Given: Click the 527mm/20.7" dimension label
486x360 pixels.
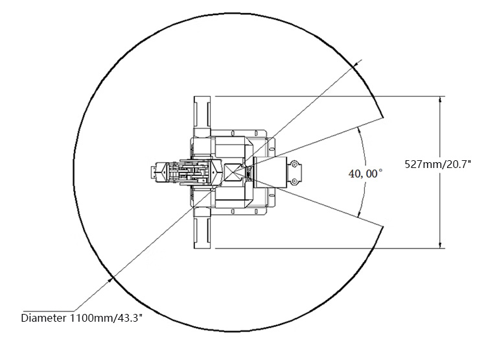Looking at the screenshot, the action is pyautogui.click(x=437, y=163).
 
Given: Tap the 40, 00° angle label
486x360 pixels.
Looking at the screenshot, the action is pyautogui.click(x=365, y=173).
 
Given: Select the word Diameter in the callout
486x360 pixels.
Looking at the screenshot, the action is pyautogui.click(x=43, y=318).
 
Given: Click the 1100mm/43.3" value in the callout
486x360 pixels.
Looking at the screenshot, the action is pyautogui.click(x=106, y=318).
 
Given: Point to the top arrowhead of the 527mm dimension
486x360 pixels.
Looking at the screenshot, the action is pyautogui.click(x=440, y=99).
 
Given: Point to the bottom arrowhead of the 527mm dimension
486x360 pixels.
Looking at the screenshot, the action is pyautogui.click(x=440, y=245).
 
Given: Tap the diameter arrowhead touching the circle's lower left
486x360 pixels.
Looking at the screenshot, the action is pyautogui.click(x=110, y=280).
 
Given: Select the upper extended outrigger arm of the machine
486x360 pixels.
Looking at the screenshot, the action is pyautogui.click(x=202, y=116).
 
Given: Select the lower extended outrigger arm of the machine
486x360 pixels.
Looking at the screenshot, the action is pyautogui.click(x=202, y=228).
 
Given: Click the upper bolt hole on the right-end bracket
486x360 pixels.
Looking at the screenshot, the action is pyautogui.click(x=294, y=165).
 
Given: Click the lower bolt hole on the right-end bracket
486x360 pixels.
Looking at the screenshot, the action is pyautogui.click(x=294, y=180).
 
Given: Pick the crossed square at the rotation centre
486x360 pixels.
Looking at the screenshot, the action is pyautogui.click(x=232, y=173).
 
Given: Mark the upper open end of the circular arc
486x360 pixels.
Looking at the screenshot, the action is pyautogui.click(x=383, y=117).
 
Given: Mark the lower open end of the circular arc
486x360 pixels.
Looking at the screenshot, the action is pyautogui.click(x=383, y=227).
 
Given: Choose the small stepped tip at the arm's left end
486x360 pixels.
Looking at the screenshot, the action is pyautogui.click(x=153, y=173).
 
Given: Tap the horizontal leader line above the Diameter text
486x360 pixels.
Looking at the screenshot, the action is pyautogui.click(x=49, y=311).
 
